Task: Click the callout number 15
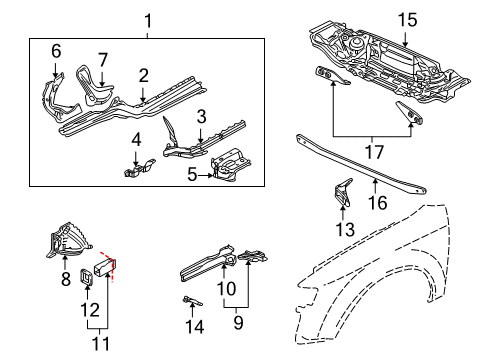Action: (x=407, y=20)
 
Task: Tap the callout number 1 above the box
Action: (x=148, y=21)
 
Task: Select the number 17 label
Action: (x=374, y=152)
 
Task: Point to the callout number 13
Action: (x=345, y=229)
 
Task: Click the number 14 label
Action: (x=195, y=326)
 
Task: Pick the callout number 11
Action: (x=101, y=343)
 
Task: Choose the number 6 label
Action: (x=56, y=51)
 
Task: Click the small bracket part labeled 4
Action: (x=139, y=168)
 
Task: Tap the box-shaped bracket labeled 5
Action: (x=231, y=165)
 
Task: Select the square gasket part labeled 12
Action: (x=86, y=277)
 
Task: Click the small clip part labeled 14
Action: (x=192, y=301)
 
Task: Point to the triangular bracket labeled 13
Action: (x=343, y=193)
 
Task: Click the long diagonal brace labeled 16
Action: (x=361, y=164)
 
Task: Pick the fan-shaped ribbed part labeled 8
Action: (x=68, y=241)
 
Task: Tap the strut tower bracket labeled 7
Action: (x=93, y=87)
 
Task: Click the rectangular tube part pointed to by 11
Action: (x=104, y=266)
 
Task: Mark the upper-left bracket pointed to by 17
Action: (x=331, y=75)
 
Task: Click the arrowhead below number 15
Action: (x=405, y=43)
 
